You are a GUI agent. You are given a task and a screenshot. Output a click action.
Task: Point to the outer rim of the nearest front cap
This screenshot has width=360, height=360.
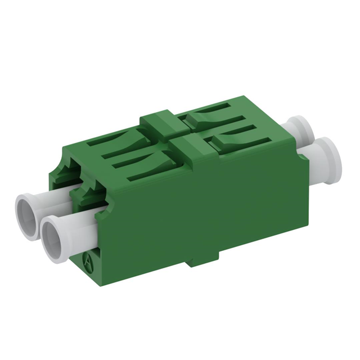46,222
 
